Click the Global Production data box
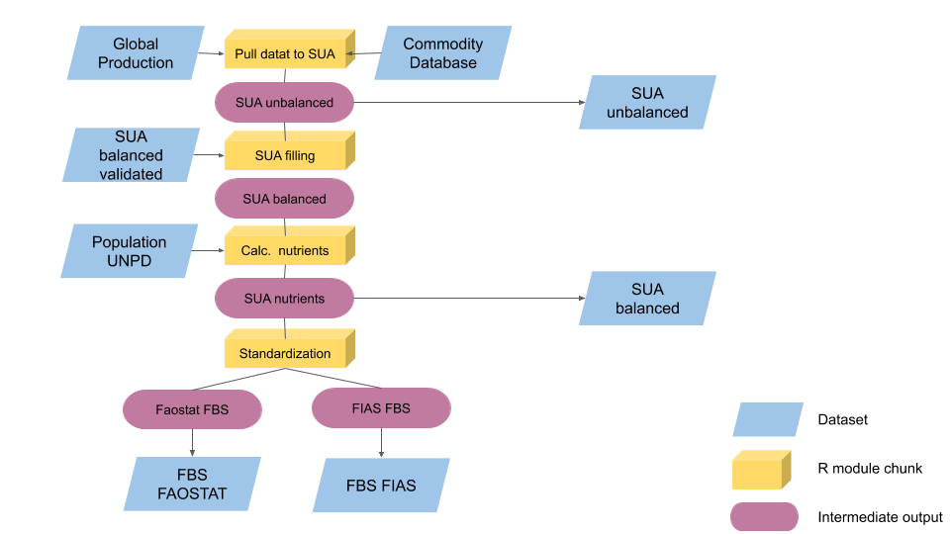[x=136, y=53]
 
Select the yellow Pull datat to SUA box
[x=284, y=53]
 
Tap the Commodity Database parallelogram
[x=442, y=53]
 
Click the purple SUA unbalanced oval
[x=284, y=102]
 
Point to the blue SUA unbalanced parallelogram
[x=647, y=103]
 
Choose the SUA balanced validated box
[x=131, y=155]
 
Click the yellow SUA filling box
[x=284, y=155]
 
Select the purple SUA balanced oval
[x=284, y=199]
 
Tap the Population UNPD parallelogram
[x=130, y=251]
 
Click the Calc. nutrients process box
[x=284, y=250]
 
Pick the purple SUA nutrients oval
[x=284, y=298]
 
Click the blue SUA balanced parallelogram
[x=647, y=299]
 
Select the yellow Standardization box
[x=284, y=353]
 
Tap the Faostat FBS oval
[x=192, y=408]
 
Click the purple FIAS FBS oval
[x=381, y=407]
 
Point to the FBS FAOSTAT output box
[x=192, y=485]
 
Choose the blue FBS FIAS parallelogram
[x=381, y=486]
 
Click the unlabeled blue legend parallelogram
[x=768, y=419]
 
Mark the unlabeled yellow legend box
[x=759, y=472]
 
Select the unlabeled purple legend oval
[x=764, y=516]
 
